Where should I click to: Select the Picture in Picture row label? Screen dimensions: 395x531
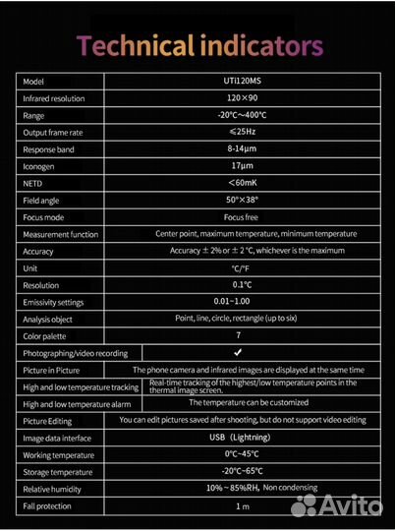pos(51,370)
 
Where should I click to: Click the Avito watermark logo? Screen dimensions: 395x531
pos(337,504)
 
